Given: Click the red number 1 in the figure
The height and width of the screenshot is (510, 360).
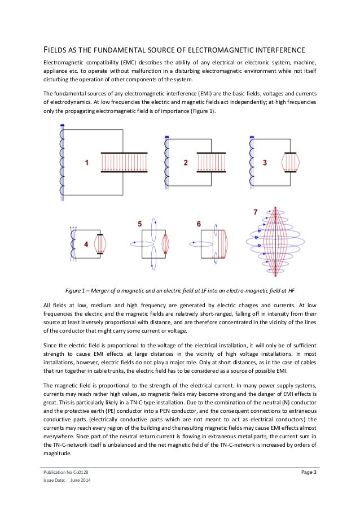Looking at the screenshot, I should tap(86, 163).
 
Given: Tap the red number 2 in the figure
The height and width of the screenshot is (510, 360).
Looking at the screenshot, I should tap(186, 163).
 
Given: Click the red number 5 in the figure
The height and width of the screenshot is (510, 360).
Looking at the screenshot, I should tap(139, 224).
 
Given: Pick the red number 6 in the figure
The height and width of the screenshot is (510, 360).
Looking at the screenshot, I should tap(199, 224).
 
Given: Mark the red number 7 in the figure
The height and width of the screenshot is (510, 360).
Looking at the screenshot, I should tap(256, 212).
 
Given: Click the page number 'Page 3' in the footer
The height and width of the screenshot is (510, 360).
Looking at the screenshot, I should tap(306, 472).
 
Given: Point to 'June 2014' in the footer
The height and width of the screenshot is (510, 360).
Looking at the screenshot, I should tap(80, 480).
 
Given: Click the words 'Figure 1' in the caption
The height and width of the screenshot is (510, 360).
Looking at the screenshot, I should tap(77, 291).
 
